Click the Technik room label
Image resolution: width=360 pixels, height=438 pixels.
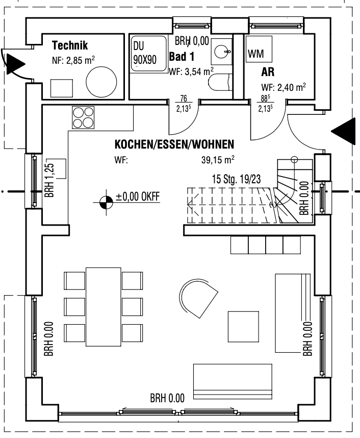[x=71, y=45]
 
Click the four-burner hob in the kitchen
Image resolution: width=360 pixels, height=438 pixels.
[x=83, y=117]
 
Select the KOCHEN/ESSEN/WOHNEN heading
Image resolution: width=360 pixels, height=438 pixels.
[x=174, y=144]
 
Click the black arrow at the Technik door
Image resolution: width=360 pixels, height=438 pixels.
[x=15, y=65]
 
